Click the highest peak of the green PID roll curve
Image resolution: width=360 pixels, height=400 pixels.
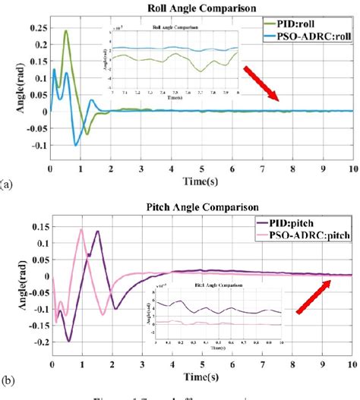click(x=66, y=32)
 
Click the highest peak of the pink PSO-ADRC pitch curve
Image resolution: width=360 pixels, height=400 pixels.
click(x=81, y=229)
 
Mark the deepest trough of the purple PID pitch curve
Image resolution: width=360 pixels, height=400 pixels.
click(x=68, y=340)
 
